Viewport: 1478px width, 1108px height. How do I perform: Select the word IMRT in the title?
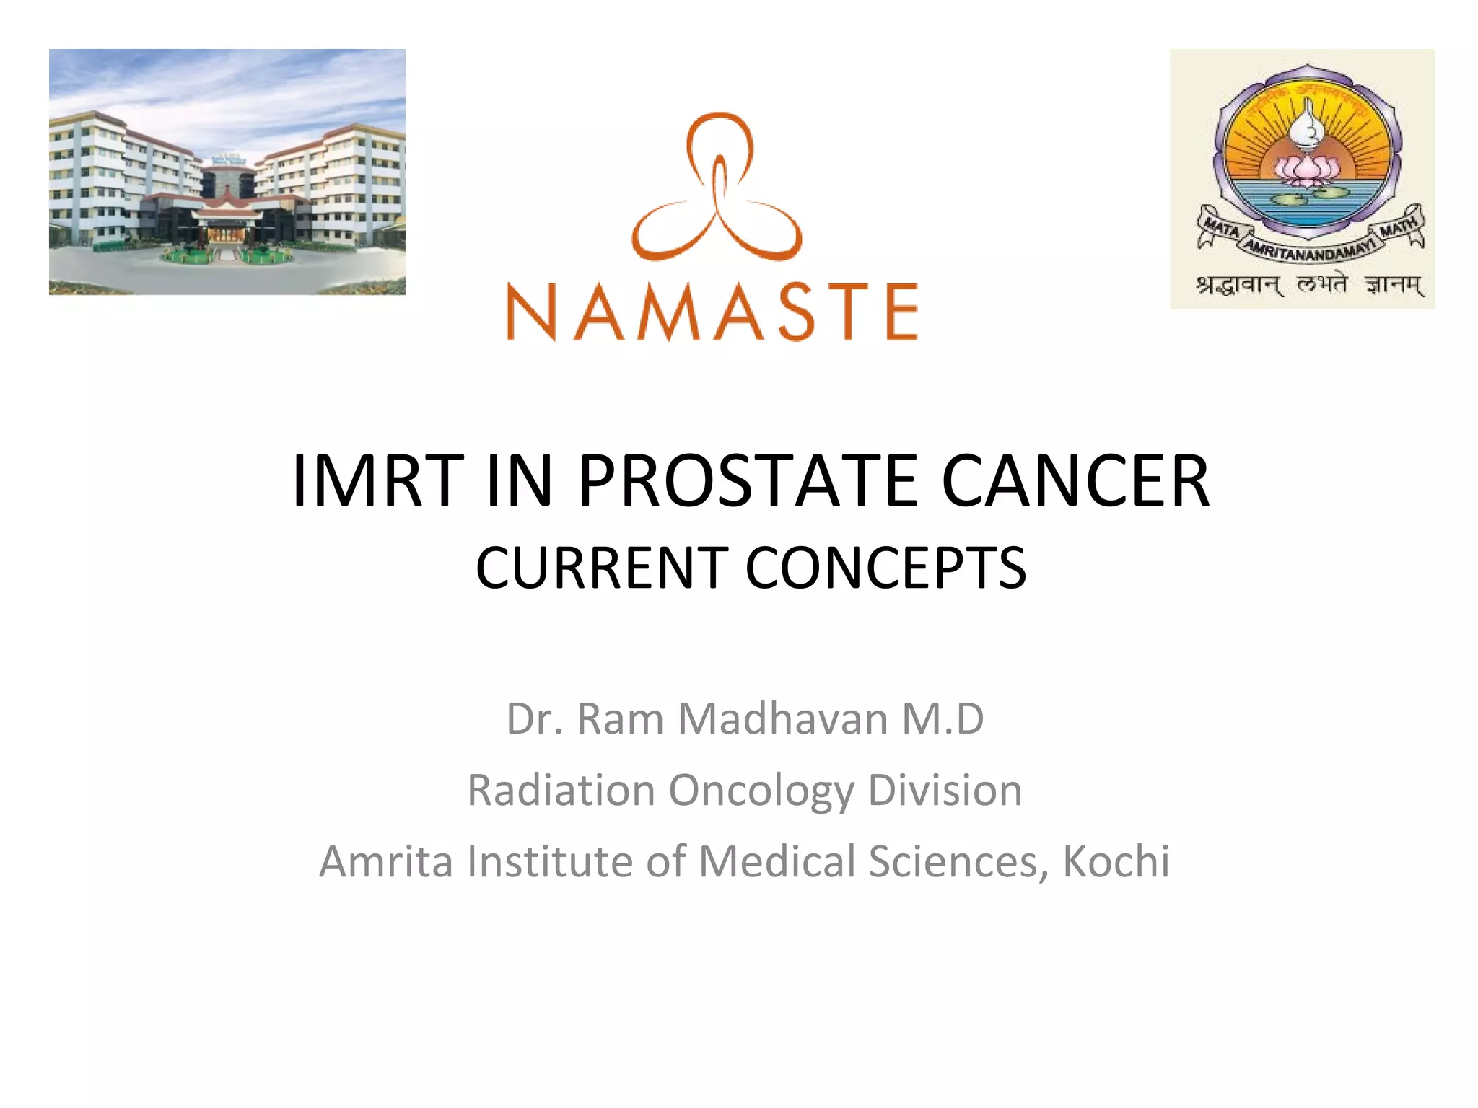[377, 481]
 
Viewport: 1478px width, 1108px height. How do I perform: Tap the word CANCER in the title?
[1075, 481]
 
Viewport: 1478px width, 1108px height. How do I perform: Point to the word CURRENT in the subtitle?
[602, 568]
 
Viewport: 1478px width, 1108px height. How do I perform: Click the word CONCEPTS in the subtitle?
[886, 568]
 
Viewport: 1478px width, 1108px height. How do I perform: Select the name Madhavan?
[783, 719]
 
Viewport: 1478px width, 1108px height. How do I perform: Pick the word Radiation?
[561, 791]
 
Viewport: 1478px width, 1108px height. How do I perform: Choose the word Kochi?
[1116, 861]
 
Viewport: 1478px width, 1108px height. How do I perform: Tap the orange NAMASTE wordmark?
[712, 312]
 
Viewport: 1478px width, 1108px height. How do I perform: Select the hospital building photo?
[227, 172]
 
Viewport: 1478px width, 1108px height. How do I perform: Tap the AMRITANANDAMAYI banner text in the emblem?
[1309, 245]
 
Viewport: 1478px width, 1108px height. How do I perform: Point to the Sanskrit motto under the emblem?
[1309, 286]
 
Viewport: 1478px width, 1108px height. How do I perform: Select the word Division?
[945, 791]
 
